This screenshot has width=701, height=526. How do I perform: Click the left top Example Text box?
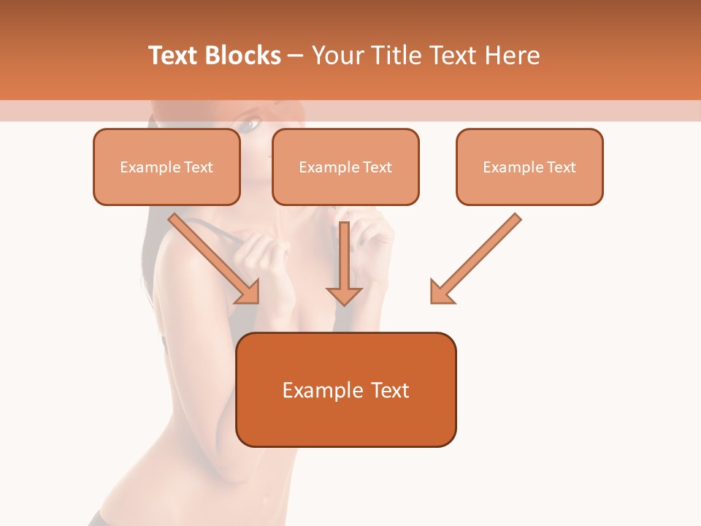click(166, 167)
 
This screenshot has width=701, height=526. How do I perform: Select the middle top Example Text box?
click(345, 167)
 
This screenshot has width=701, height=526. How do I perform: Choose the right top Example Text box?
click(529, 167)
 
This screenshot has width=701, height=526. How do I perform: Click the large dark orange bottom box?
click(346, 389)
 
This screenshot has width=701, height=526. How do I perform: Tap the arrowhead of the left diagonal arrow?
click(248, 292)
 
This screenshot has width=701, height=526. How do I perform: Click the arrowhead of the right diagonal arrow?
click(441, 292)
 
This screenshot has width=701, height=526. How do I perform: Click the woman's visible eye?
click(249, 124)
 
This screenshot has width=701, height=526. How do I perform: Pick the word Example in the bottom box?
click(318, 390)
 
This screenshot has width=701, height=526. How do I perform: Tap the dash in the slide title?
click(296, 56)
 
